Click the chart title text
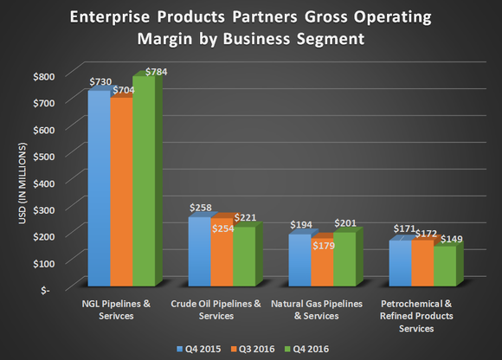(251, 28)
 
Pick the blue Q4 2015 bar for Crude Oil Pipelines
(198, 251)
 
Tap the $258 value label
(201, 209)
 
